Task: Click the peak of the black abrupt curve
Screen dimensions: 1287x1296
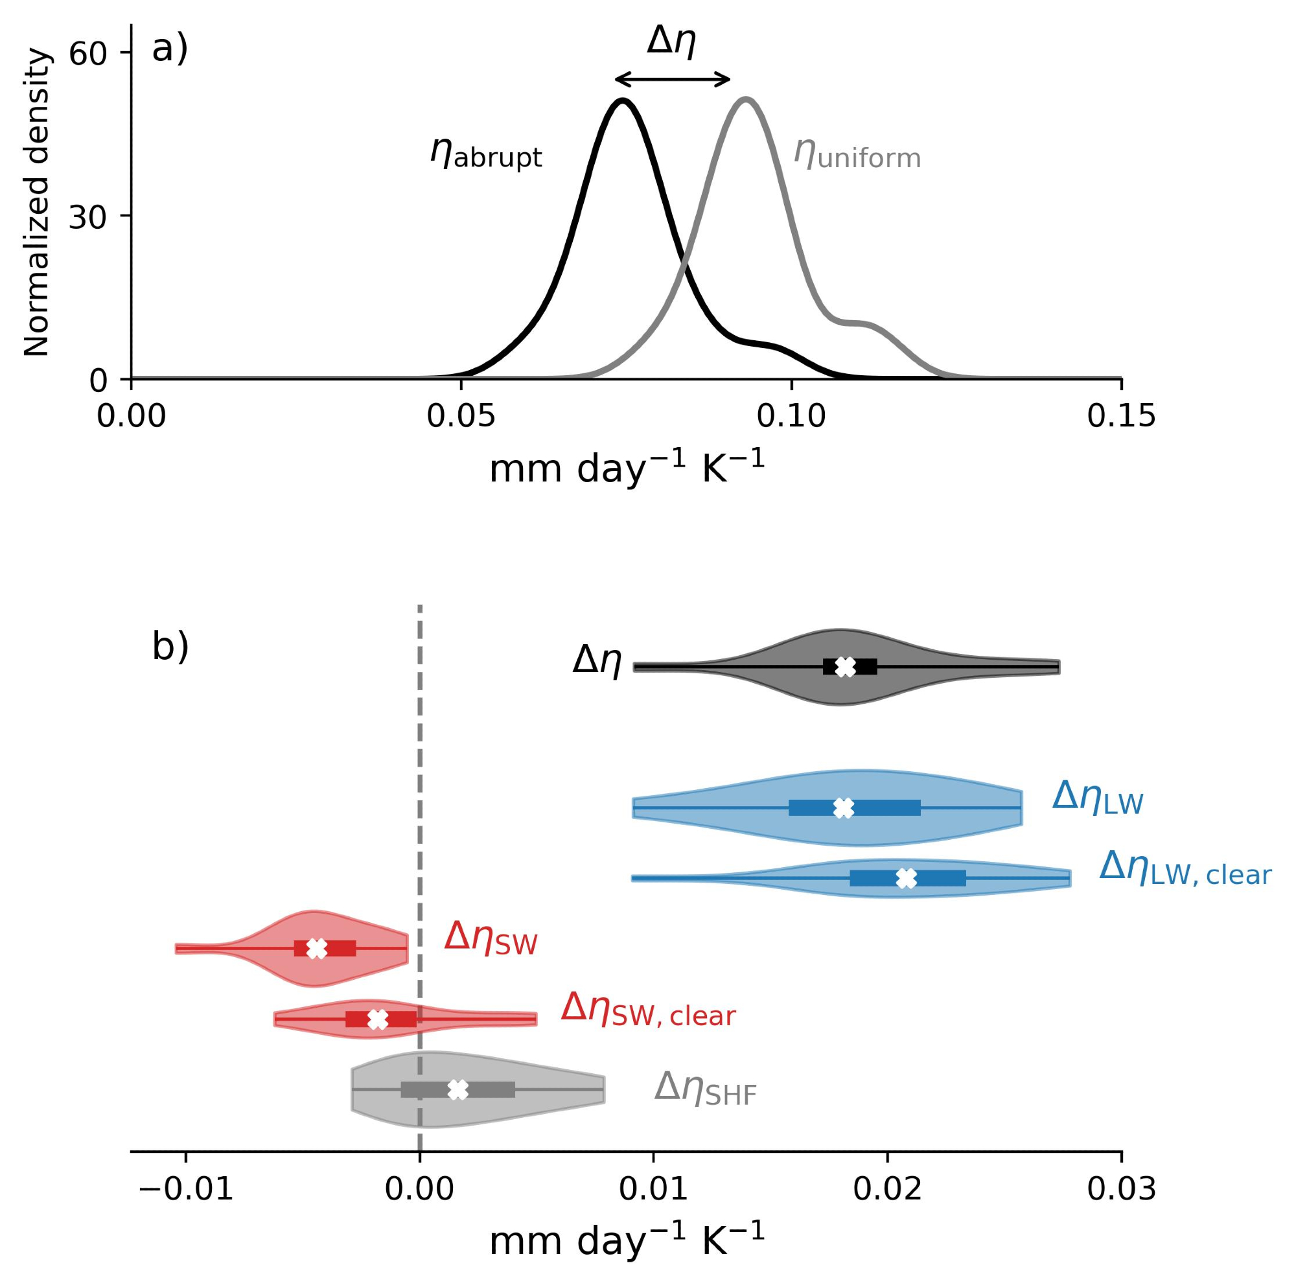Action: [623, 101]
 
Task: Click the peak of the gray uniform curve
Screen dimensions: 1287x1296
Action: [745, 100]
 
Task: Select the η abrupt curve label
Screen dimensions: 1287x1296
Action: [485, 153]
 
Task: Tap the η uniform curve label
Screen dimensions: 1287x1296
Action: [857, 154]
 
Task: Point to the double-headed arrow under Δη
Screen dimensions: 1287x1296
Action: [672, 80]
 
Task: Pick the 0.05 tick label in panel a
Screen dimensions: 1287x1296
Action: [461, 417]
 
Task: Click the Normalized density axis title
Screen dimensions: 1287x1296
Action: [37, 203]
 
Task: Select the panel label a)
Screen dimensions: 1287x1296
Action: [170, 50]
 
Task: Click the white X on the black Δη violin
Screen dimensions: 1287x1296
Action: [846, 666]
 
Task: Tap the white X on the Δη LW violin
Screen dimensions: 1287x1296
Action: [843, 808]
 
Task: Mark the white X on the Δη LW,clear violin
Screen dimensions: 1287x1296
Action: [906, 877]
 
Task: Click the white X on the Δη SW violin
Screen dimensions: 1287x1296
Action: [317, 948]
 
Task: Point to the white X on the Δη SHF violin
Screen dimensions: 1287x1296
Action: [457, 1090]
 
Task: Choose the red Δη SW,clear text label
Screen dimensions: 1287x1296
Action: [648, 1028]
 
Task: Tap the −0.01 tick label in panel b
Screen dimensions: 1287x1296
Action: [186, 1189]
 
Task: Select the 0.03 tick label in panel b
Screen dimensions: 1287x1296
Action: [1121, 1189]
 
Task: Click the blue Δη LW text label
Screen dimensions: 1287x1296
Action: [1098, 799]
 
